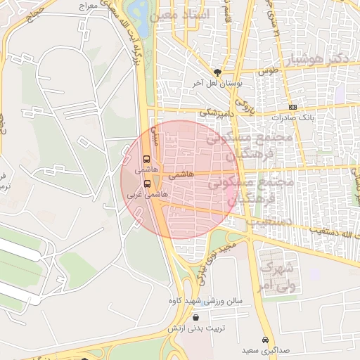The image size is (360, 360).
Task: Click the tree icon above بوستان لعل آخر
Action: click(217, 72)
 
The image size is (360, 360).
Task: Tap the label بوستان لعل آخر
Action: click(218, 83)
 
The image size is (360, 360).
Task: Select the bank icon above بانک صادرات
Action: click(292, 107)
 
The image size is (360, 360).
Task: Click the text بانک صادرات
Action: click(290, 117)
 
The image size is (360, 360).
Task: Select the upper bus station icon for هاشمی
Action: click(146, 159)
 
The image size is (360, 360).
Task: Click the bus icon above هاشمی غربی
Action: click(146, 183)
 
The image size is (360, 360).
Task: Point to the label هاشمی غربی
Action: click(147, 193)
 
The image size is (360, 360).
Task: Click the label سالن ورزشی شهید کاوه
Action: click(205, 301)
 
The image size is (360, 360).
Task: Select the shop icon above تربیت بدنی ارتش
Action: click(195, 318)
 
